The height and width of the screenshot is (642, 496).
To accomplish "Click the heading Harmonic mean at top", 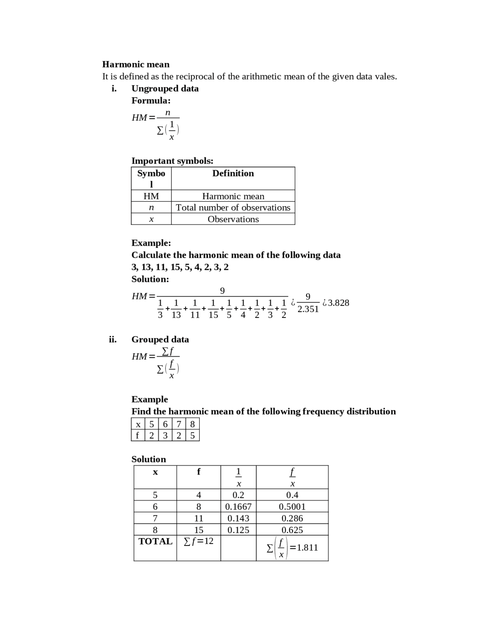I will tap(136, 64).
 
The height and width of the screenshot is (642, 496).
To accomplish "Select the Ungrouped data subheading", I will tap(165, 88).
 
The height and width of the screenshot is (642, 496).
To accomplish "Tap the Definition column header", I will tap(233, 173).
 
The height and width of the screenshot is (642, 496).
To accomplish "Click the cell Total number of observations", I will tap(233, 207).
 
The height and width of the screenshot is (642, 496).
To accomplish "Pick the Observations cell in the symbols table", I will tap(233, 219).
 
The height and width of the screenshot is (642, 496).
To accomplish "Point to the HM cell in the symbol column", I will tap(151, 196).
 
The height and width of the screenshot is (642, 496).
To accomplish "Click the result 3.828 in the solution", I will tap(338, 303).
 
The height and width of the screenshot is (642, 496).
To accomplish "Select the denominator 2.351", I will tap(308, 309).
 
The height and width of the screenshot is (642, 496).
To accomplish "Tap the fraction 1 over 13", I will tap(176, 309).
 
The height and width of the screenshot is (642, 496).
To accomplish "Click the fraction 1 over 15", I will tap(213, 309).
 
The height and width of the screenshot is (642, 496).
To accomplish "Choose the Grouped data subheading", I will tap(160, 340).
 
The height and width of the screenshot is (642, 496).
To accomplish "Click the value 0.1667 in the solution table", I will tap(238, 507).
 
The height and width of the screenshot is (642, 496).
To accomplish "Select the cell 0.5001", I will tap(292, 507).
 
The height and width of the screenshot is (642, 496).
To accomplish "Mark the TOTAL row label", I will tap(155, 542).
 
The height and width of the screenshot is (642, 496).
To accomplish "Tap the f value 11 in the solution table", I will tap(198, 518).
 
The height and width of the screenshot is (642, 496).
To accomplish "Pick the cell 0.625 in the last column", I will tap(292, 530).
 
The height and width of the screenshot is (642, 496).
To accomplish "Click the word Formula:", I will tap(151, 100).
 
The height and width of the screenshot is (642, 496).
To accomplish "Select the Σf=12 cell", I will tap(198, 541).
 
